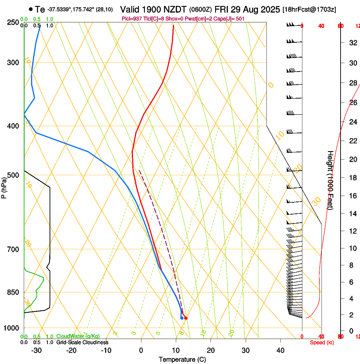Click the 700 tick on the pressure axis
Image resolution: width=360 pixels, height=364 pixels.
pyautogui.click(x=14, y=249)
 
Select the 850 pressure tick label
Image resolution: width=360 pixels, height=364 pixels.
pyautogui.click(x=14, y=292)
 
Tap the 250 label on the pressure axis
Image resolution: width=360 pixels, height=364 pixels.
pyautogui.click(x=14, y=22)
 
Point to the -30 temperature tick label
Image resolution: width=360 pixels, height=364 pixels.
pyautogui.click(x=36, y=350)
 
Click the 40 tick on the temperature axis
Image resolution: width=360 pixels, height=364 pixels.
pyautogui.click(x=280, y=350)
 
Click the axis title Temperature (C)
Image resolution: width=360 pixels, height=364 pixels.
pyautogui.click(x=182, y=359)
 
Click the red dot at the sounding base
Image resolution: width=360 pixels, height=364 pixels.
pyautogui.click(x=186, y=318)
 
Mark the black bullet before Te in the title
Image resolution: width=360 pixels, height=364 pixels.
pyautogui.click(x=30, y=9)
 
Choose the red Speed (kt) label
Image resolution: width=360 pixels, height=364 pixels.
pyautogui.click(x=322, y=342)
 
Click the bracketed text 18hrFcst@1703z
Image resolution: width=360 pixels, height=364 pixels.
pyautogui.click(x=309, y=9)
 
